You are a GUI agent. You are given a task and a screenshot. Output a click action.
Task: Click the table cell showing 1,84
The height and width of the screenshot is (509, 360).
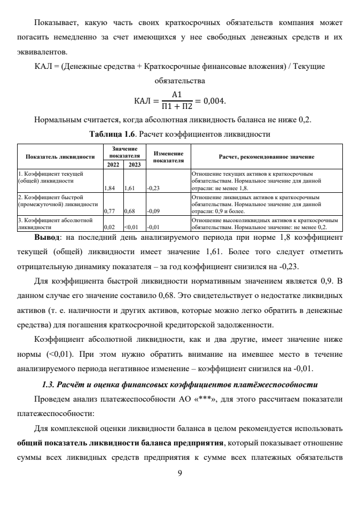pos(109,188)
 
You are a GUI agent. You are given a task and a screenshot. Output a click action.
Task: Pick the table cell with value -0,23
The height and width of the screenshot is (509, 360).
pos(154,188)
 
